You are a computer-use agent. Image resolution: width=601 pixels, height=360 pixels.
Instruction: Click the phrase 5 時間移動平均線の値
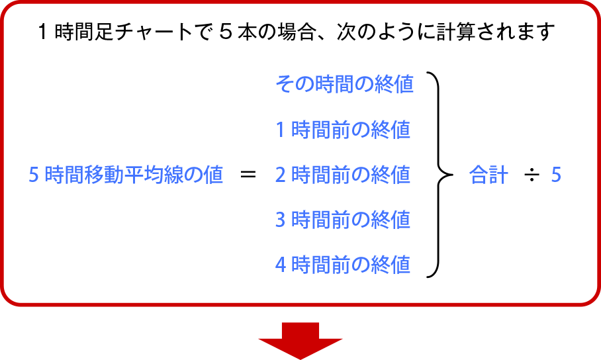click(x=126, y=175)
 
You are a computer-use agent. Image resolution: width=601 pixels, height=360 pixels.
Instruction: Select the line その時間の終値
click(x=344, y=84)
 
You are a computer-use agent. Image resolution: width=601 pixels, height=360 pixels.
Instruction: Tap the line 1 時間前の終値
click(x=343, y=130)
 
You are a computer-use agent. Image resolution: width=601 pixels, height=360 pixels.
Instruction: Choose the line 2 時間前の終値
click(x=343, y=175)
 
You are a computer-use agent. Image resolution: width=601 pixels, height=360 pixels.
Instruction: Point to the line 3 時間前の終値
click(x=343, y=219)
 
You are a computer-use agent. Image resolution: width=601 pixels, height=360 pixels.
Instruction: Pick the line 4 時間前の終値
click(x=343, y=265)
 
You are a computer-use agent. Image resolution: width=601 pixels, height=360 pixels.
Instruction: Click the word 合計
click(x=488, y=175)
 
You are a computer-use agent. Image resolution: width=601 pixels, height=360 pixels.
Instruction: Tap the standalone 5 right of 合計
click(x=556, y=175)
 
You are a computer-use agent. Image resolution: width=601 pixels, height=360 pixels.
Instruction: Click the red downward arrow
click(x=300, y=340)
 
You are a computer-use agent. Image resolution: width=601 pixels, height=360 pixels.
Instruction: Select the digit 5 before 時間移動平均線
click(x=34, y=175)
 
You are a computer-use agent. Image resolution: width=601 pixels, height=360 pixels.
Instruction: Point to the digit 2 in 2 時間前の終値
click(x=280, y=175)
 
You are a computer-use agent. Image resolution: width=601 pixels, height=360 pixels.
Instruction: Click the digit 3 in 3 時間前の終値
click(x=280, y=220)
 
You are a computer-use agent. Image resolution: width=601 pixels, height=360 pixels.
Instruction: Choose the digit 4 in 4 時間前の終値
click(x=280, y=265)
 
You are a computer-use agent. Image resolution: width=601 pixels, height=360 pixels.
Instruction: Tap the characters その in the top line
click(x=295, y=84)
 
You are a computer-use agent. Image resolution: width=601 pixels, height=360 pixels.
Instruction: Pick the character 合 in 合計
click(x=478, y=175)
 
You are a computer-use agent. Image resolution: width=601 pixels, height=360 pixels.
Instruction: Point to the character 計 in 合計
click(x=498, y=175)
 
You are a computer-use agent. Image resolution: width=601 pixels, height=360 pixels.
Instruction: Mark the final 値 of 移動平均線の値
click(x=214, y=175)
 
